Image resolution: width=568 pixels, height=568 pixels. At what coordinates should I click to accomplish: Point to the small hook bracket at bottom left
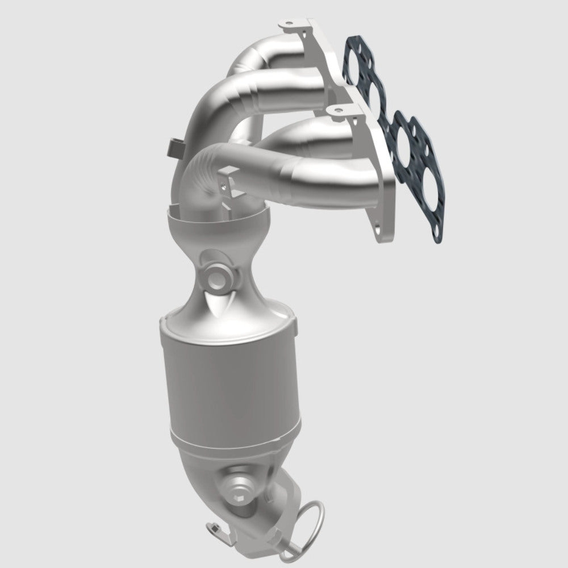(219, 531)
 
